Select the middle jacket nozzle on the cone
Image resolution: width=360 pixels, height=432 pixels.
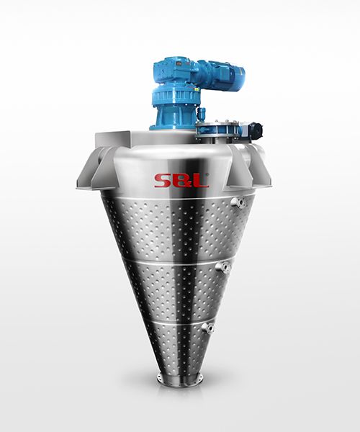tap(223, 268)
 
